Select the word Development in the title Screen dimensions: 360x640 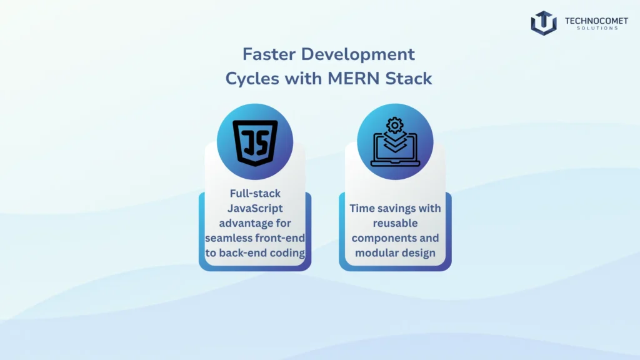coord(357,54)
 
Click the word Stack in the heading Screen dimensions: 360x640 coord(411,79)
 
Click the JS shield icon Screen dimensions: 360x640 coord(255,143)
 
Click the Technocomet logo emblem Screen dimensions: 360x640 coord(543,23)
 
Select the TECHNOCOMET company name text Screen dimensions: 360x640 coord(596,21)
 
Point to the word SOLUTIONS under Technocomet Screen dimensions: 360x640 coord(596,29)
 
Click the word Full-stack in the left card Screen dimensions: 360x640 coord(255,194)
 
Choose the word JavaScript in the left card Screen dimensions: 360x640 coord(255,208)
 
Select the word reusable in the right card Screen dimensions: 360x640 coord(395,223)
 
